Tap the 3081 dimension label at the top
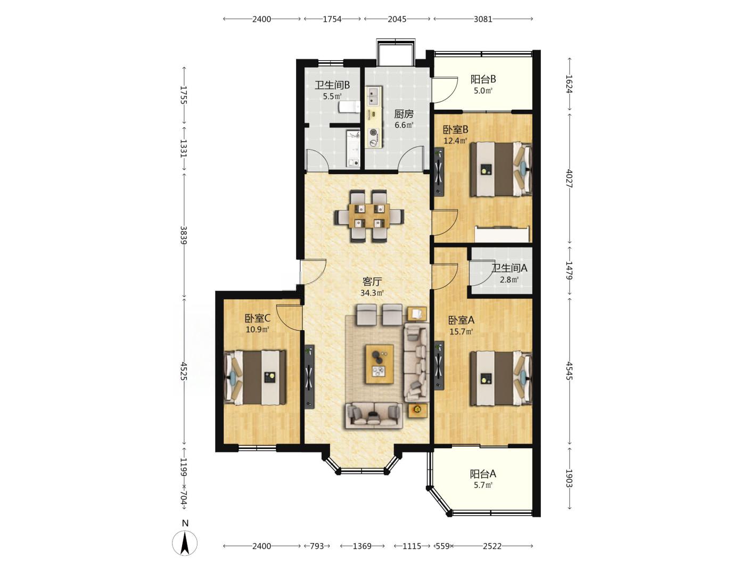pyautogui.click(x=483, y=19)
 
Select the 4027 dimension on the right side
pyautogui.click(x=569, y=178)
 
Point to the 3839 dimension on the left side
pyautogui.click(x=184, y=235)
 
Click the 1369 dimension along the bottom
pyautogui.click(x=362, y=546)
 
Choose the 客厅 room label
pyautogui.click(x=372, y=282)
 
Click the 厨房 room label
pyautogui.click(x=404, y=113)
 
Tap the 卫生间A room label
pyautogui.click(x=510, y=268)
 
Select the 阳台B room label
pyautogui.click(x=483, y=79)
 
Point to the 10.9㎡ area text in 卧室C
pyautogui.click(x=257, y=330)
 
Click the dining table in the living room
pyautogui.click(x=369, y=216)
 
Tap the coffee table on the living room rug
pyautogui.click(x=380, y=364)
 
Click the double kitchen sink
pyautogui.click(x=374, y=96)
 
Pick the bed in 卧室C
pyautogui.click(x=255, y=377)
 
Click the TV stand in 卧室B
pyautogui.click(x=439, y=172)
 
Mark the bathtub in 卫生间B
pyautogui.click(x=352, y=149)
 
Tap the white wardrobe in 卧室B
pyautogui.click(x=502, y=234)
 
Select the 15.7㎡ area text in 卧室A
pyautogui.click(x=461, y=332)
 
